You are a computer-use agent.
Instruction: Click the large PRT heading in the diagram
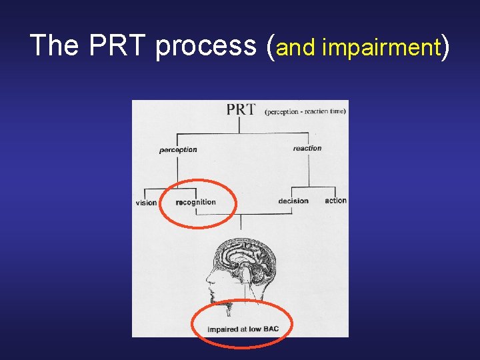[x=241, y=110]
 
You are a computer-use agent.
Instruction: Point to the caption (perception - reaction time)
[x=305, y=111]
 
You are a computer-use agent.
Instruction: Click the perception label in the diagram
[x=178, y=150]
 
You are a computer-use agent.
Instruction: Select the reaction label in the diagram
[x=307, y=148]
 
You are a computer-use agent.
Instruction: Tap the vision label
[x=146, y=203]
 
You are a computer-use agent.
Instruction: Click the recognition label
[x=196, y=202]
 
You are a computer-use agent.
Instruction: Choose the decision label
[x=293, y=201]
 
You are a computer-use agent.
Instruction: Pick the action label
[x=335, y=200]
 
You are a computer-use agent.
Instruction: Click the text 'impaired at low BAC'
[x=243, y=329]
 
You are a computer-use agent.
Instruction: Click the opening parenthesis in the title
[x=269, y=47]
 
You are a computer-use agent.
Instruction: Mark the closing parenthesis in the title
[x=446, y=47]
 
